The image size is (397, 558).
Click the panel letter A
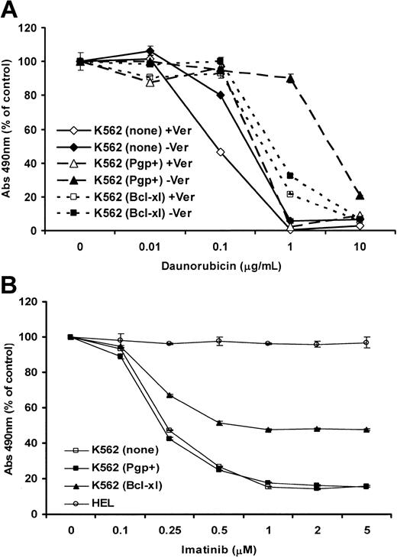tap(11, 10)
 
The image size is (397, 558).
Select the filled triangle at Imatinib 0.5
tap(219, 423)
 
